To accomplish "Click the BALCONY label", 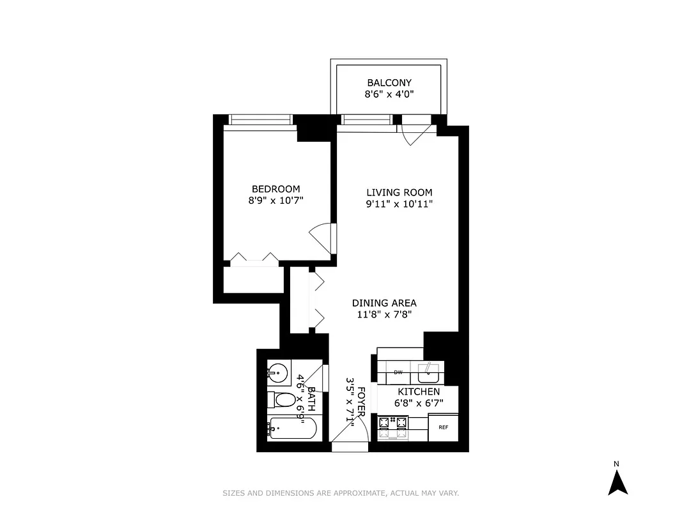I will (389, 82).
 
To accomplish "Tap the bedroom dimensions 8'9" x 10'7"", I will (275, 201).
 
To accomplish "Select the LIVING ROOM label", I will (399, 192).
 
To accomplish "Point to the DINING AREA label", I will (384, 303).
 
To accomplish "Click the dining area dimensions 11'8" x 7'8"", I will (384, 314).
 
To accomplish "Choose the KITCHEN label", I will (419, 392).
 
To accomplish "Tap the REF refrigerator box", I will (443, 427).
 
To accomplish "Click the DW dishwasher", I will (398, 372).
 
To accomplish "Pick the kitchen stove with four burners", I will (393, 428).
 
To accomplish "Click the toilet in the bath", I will (282, 400).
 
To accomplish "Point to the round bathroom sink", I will (277, 370).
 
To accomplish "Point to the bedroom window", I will (260, 119).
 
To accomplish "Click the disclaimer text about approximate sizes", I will (341, 493).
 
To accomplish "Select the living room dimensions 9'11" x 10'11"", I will (399, 204).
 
